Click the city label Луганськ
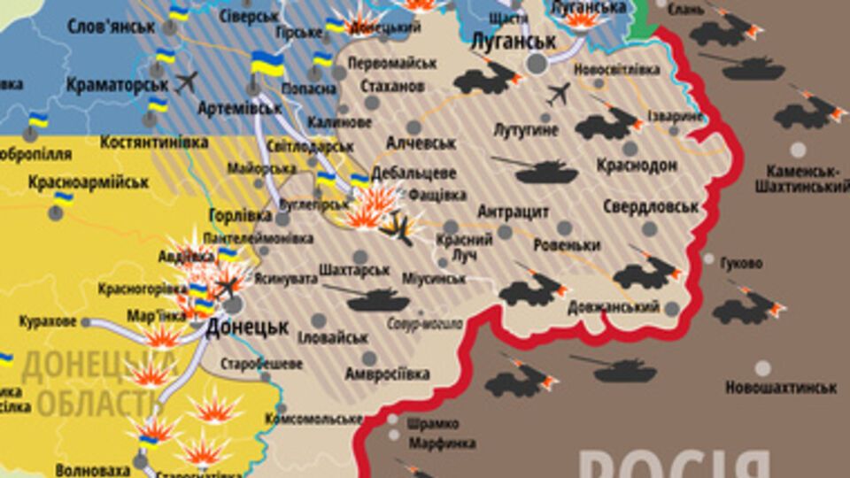coord(514,42)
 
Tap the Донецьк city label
coord(247,327)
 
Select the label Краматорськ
coord(117,84)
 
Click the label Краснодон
coord(637,166)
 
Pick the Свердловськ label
coord(651,207)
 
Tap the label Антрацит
coord(514,212)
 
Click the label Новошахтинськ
coord(781,388)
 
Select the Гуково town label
coord(741,263)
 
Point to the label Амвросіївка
coord(388,374)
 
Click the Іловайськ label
coord(333,337)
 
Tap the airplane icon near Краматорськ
coord(186,82)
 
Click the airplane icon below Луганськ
coord(559,93)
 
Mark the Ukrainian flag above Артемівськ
coord(267,63)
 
